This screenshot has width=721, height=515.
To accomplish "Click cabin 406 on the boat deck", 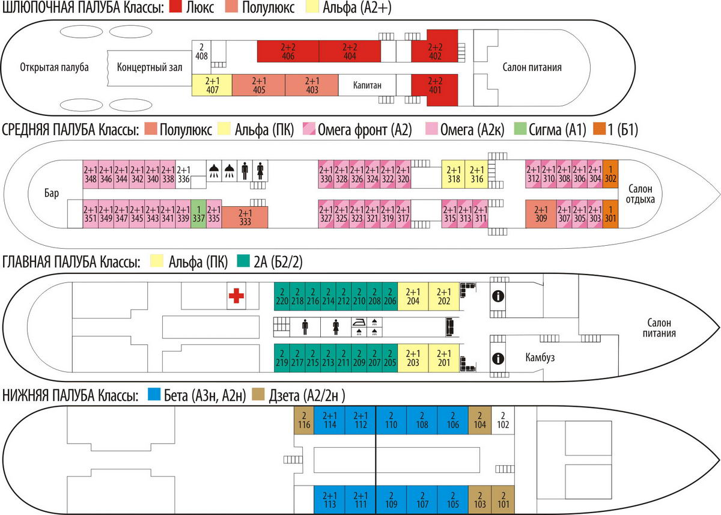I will pos(288,51).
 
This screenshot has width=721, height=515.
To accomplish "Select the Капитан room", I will pos(368,85).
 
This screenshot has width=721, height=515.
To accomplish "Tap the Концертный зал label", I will pos(150,67).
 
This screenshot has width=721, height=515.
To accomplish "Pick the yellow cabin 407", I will pos(211,85).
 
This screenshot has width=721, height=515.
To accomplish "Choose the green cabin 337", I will pos(198,214).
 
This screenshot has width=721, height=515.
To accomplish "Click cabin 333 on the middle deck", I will pos(245,216).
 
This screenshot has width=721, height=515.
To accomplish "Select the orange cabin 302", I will pos(610,174).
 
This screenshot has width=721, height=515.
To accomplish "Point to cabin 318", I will pos(455,174).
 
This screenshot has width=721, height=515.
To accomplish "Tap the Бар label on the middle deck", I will pos(52,194).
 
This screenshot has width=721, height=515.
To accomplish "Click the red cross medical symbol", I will pos(236,295).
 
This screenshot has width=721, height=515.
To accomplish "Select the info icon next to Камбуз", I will pos(497,358).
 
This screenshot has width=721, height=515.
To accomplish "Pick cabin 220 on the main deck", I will pos(281,296).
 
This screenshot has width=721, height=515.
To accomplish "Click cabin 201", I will pos(444,358).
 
